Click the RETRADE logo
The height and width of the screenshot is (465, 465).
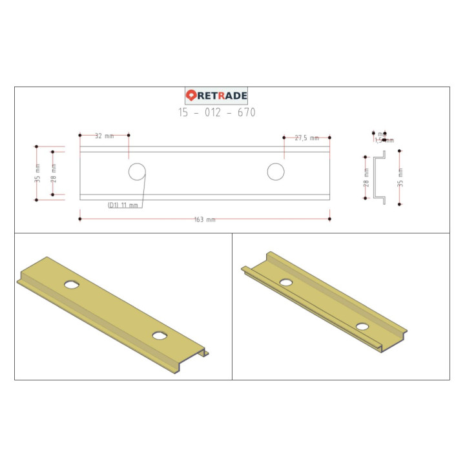coord(217,96)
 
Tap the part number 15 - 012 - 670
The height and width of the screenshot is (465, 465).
coord(217,112)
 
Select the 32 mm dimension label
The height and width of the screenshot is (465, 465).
coord(104,136)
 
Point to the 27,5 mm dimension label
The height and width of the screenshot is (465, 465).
coord(307,138)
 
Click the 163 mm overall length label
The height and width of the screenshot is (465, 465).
coord(205,220)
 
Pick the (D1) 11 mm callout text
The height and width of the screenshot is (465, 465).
coord(123,205)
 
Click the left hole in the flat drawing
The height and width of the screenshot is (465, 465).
coord(136,172)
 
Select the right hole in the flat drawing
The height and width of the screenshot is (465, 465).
coord(276,172)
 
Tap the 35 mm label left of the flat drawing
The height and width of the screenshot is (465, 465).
coord(37,173)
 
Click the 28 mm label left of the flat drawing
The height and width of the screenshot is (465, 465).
coord(54,172)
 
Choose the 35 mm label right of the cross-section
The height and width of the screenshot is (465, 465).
coord(401,174)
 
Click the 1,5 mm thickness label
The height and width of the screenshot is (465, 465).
coord(384,140)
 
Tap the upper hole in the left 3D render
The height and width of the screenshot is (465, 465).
coord(71,284)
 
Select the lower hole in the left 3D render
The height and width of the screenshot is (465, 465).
coord(160,335)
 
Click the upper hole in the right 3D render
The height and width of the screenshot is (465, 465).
coord(285,282)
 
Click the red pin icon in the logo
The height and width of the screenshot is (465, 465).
coord(192,96)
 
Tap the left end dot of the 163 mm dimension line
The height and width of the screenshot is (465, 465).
coord(79,219)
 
